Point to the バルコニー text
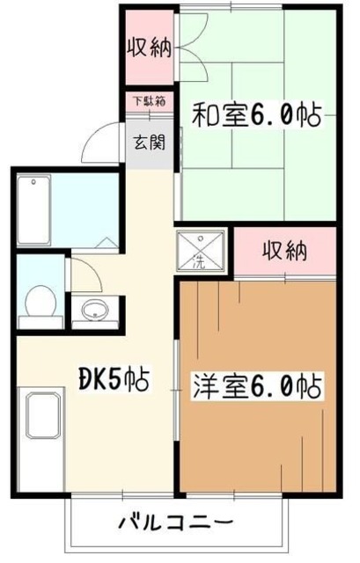click(176, 523)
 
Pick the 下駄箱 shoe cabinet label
click(147, 101)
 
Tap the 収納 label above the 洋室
click(285, 252)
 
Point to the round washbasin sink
click(94, 310)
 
